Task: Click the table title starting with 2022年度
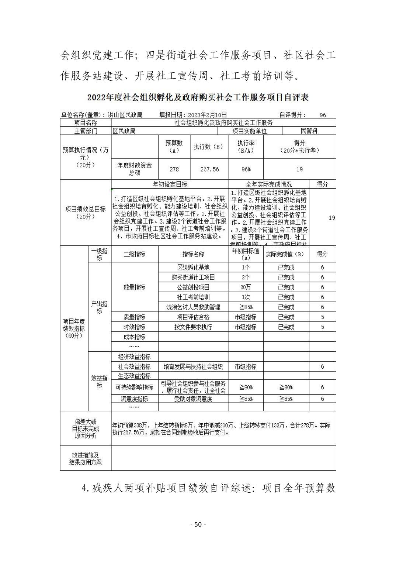pyautogui.click(x=198, y=98)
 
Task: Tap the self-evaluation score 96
pyautogui.click(x=323, y=115)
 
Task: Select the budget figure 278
pyautogui.click(x=174, y=169)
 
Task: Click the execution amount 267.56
pyautogui.click(x=209, y=169)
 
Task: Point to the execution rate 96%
pyautogui.click(x=246, y=169)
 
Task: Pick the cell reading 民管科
pyautogui.click(x=309, y=131)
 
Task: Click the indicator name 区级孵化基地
pyautogui.click(x=193, y=268)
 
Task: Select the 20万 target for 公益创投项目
pyautogui.click(x=246, y=288)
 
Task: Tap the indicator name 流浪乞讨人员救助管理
pyautogui.click(x=193, y=307)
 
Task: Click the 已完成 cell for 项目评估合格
pyautogui.click(x=286, y=317)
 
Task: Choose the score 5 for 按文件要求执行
pyautogui.click(x=322, y=327)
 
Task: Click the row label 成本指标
pyautogui.click(x=134, y=337)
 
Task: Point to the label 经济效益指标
pyautogui.click(x=134, y=357)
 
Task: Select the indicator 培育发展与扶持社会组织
pyautogui.click(x=193, y=367)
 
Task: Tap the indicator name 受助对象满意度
pyautogui.click(x=193, y=399)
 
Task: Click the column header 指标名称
pyautogui.click(x=193, y=254)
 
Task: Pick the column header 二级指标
pyautogui.click(x=134, y=254)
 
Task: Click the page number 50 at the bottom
pyautogui.click(x=198, y=525)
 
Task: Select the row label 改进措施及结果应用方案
pyautogui.click(x=86, y=459)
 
